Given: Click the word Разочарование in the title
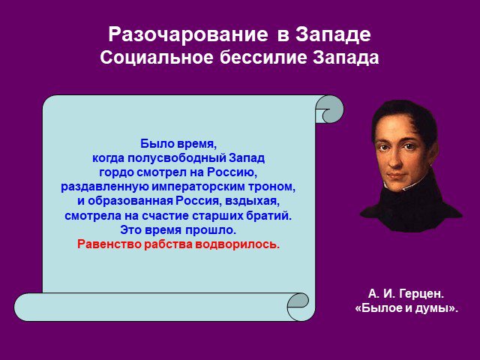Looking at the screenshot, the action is (x=188, y=34).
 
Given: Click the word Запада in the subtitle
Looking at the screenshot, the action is (x=346, y=58).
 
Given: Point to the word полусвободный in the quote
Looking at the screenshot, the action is (x=176, y=158).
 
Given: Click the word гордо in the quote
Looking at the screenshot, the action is (x=116, y=172).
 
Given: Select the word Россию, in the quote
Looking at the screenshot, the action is (x=232, y=172).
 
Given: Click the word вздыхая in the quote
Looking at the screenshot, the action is (x=253, y=202).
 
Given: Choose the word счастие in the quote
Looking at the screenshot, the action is (x=165, y=216).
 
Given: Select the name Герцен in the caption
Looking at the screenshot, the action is (x=421, y=294).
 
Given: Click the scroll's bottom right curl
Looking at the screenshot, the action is (x=298, y=307).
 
